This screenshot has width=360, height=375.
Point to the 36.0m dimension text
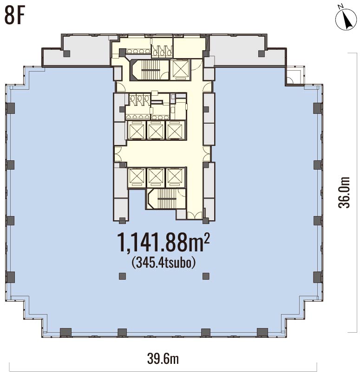pos(344,192)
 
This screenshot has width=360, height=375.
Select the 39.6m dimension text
pos(163,359)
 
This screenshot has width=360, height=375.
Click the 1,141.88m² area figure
pos(163,242)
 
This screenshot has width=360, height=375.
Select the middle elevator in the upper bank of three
pos(156,130)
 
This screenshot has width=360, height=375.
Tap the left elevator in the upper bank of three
pos(137,130)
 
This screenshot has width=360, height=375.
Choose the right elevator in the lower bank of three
pos(175,178)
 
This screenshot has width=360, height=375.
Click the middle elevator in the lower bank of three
pos(156,178)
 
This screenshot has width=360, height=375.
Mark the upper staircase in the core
pos(149,70)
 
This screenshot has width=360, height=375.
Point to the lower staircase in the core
pos(166,198)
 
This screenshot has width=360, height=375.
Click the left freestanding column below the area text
pos(122,276)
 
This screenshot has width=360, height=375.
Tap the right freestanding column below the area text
pos(206,276)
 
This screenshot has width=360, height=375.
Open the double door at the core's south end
pos(195,215)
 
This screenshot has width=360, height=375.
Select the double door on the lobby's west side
pos(118,154)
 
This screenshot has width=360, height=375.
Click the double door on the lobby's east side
pos(206,154)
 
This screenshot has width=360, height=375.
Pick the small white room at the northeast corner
pos(295,75)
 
